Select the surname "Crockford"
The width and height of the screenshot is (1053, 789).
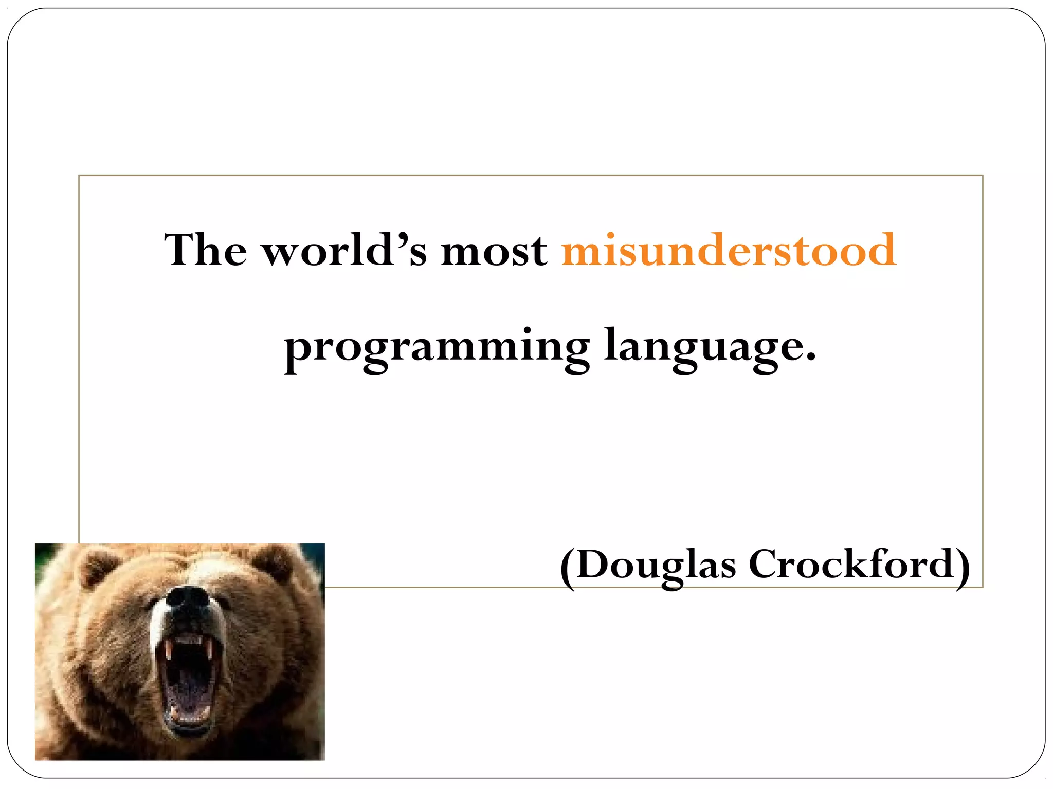point(851,565)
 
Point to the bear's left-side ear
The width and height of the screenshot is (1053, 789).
point(98,565)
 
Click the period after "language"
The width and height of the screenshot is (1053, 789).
point(811,358)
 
